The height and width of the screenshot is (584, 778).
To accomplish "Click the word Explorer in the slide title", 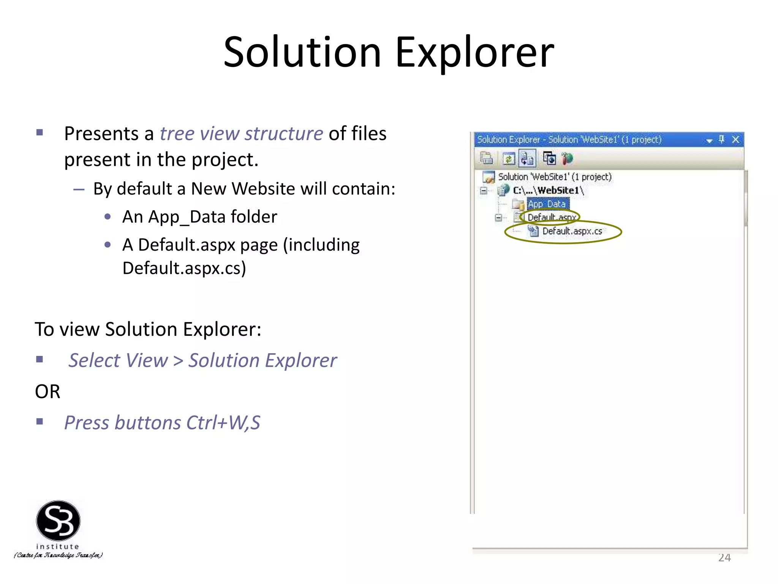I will click(474, 52).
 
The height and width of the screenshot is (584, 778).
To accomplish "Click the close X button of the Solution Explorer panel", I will click(735, 140).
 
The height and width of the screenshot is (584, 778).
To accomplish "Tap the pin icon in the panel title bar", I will click(722, 140).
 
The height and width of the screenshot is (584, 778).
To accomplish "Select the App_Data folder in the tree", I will click(547, 204).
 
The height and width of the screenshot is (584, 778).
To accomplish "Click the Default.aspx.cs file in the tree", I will click(572, 231).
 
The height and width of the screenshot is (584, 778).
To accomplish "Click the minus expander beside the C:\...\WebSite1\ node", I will click(484, 190).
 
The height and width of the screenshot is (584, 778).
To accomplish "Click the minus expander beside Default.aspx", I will click(498, 217).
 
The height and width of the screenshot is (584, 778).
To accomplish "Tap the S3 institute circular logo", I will click(58, 521).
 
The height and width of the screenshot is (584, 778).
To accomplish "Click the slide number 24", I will click(724, 558).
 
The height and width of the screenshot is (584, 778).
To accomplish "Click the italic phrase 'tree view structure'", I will click(241, 133).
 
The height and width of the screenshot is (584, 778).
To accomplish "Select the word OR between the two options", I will click(47, 392).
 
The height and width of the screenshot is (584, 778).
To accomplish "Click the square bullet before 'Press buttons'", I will click(40, 421).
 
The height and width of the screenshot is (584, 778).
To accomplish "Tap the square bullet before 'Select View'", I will click(40, 359).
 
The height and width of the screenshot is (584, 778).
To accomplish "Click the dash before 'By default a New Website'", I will click(79, 189).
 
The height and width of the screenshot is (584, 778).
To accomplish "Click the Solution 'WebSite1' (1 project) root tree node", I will click(554, 177).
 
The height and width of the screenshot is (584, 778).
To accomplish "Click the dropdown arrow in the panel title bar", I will click(709, 141).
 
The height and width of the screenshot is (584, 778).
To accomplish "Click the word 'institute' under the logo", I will click(58, 546).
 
